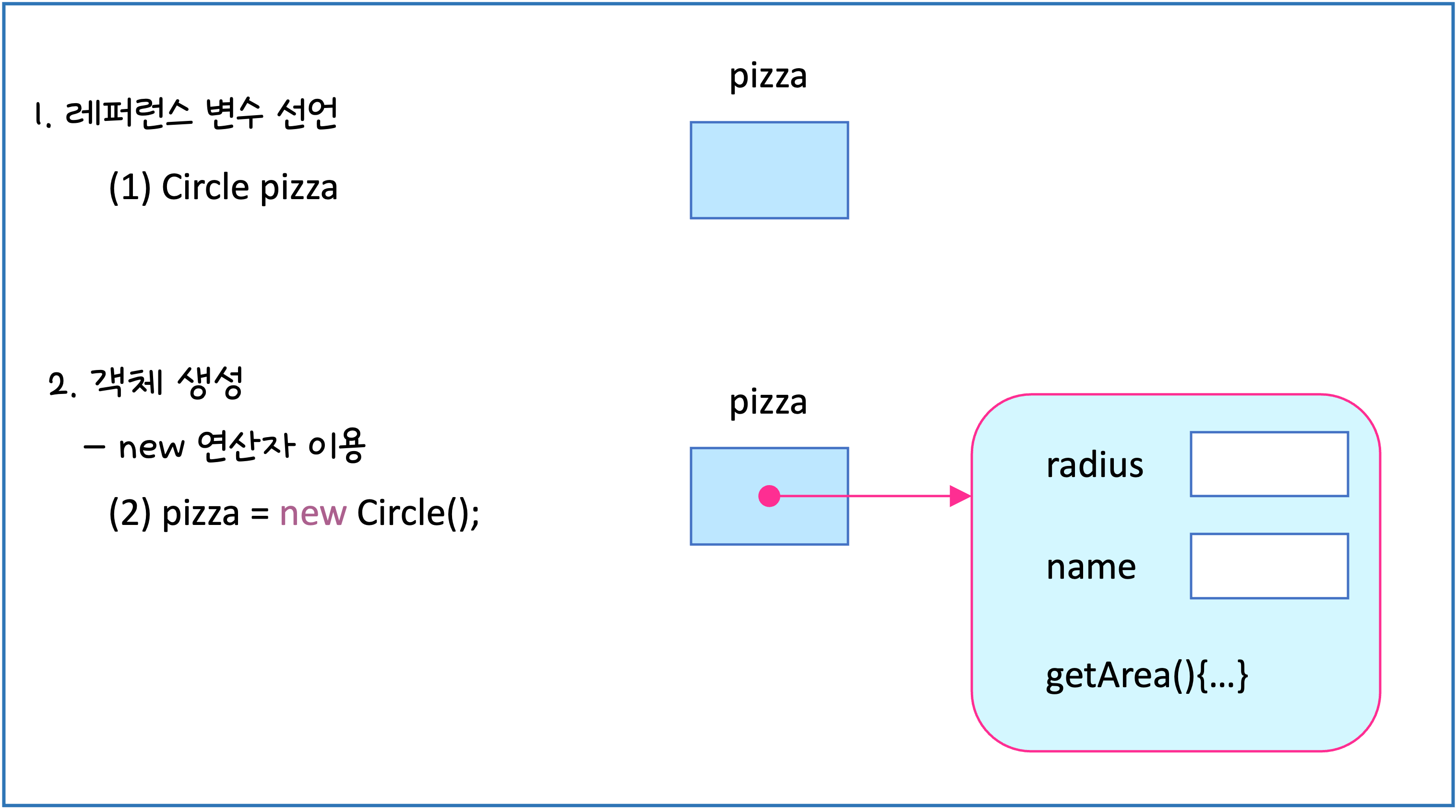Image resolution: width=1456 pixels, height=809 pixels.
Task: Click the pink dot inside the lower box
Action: point(769,496)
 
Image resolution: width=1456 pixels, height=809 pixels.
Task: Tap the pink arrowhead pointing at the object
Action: point(960,496)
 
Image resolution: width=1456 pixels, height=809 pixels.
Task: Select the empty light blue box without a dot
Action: point(769,170)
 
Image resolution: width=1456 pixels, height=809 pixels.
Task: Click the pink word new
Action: point(313,514)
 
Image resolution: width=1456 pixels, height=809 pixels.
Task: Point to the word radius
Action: point(1095,465)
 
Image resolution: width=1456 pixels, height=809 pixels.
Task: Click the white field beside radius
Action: point(1269,464)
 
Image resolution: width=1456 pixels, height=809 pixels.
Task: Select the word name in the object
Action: point(1091,567)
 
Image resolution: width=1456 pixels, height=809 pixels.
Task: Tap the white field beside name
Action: point(1269,566)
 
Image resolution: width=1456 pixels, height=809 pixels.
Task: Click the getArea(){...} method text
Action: point(1147,675)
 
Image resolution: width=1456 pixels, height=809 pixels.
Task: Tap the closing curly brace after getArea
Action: point(1242,676)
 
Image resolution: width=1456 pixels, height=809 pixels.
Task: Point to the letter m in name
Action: point(1102,568)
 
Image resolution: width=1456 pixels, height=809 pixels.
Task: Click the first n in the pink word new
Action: point(289,515)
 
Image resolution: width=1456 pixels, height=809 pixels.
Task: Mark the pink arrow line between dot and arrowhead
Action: point(865,496)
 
